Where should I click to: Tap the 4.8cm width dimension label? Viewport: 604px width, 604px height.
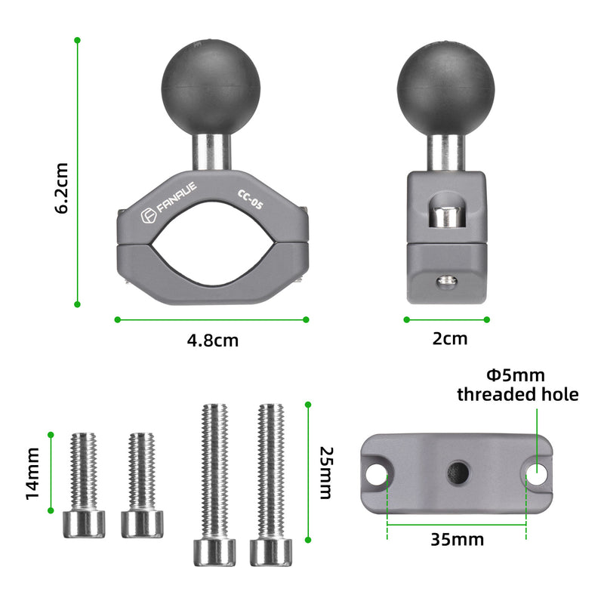(x=213, y=341)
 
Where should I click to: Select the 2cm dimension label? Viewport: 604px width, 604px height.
(x=450, y=339)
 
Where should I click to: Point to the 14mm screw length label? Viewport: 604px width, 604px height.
(x=32, y=473)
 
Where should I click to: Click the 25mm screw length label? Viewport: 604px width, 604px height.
(x=325, y=473)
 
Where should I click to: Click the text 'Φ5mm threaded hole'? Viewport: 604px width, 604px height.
(x=518, y=384)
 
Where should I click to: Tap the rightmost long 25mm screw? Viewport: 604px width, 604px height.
(x=270, y=483)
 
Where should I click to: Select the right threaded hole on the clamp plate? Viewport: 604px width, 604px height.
(x=537, y=473)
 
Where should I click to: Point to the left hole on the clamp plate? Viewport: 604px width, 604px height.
(x=377, y=474)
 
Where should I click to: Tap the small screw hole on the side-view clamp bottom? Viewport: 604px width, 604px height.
(x=446, y=282)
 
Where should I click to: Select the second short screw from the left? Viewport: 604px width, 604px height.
(x=142, y=483)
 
